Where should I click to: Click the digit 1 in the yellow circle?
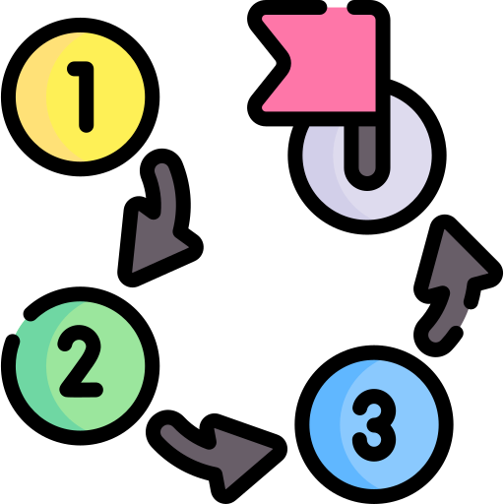pos(84,96)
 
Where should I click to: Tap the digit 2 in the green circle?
pos(81,361)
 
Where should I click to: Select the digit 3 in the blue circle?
pos(374,425)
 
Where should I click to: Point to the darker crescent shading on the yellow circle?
pos(32,97)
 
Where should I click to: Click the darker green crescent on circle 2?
pos(32,366)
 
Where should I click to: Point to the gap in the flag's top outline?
pos(338,7)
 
